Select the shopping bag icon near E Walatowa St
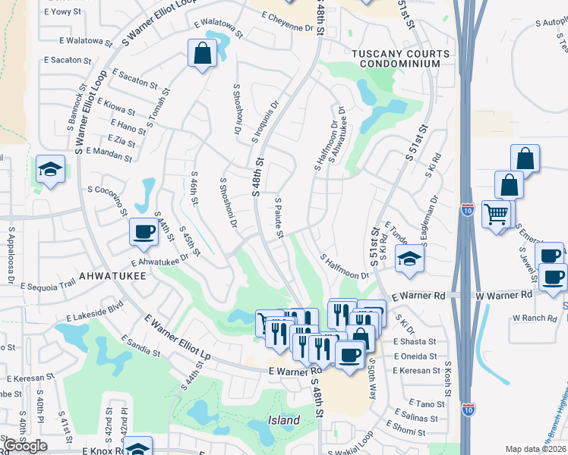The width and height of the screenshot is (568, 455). (x=201, y=54)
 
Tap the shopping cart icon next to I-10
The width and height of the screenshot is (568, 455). (x=497, y=215)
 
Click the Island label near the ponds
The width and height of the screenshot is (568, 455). (x=283, y=420)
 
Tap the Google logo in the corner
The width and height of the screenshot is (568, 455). (x=25, y=446)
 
